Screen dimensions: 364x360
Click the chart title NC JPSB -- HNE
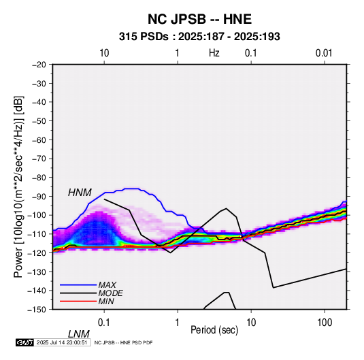coord(199,19)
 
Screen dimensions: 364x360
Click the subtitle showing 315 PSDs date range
coord(199,37)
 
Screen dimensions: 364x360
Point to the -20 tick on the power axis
coord(39,65)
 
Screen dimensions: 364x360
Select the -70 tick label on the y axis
coord(39,159)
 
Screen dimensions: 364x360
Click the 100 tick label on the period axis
coord(325,323)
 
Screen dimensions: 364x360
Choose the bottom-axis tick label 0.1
coord(104,323)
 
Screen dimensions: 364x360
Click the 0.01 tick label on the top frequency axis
coord(324,53)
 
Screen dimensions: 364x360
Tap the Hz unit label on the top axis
coord(214,53)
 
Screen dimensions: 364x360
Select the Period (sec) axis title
coord(214,330)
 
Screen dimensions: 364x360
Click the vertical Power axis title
coord(18,186)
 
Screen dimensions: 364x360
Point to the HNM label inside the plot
coord(80,193)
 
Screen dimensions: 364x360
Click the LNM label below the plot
coord(79,334)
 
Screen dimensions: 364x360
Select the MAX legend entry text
coord(107,284)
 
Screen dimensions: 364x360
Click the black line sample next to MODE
coord(78,293)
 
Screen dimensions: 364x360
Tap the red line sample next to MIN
coord(78,301)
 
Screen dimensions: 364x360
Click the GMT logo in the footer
coord(24,342)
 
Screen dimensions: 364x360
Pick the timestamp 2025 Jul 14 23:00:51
coord(62,342)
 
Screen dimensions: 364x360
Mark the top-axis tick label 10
coord(104,53)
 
